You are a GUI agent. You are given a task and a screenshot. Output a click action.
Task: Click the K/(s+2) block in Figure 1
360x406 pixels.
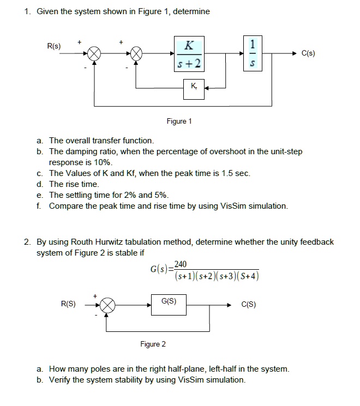[189, 54]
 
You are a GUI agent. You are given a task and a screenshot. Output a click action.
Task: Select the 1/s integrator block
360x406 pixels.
[251, 53]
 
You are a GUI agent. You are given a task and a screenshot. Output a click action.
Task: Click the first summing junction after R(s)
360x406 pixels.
[95, 54]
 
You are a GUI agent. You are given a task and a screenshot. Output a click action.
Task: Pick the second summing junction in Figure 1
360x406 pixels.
[136, 54]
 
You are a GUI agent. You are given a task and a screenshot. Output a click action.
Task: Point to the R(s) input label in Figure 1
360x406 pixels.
[54, 46]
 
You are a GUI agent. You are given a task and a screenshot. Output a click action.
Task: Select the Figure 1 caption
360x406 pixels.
[179, 122]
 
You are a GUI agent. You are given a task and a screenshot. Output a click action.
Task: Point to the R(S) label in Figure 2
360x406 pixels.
[68, 304]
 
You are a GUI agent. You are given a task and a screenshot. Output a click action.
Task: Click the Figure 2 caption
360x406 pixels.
[153, 344]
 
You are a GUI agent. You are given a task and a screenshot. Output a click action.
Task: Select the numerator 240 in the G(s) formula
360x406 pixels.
[181, 264]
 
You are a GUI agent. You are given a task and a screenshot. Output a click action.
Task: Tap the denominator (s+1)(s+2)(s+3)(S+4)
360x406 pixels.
[217, 276]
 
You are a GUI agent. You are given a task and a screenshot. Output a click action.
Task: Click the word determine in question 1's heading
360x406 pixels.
[191, 11]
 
